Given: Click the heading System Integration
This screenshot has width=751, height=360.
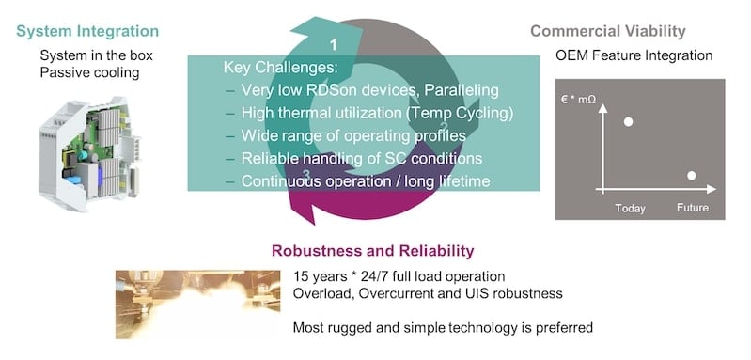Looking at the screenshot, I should coord(87,32).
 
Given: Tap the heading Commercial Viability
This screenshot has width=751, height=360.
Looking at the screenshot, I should coord(621,32).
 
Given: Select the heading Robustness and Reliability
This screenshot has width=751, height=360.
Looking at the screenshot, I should coord(372,251).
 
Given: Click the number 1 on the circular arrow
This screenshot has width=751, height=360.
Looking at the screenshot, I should coord(334,44).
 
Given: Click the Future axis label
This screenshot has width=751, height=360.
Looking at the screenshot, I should coord(692,207).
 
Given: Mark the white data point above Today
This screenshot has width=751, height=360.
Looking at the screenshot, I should coord(628,122).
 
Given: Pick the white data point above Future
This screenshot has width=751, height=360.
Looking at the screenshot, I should coord(692,176).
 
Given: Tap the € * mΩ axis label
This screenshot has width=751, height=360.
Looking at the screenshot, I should coord(576,97).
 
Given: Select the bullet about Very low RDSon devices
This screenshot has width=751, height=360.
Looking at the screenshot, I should coord(371,90).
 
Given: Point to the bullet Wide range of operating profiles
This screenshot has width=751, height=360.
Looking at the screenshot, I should coord(357,135).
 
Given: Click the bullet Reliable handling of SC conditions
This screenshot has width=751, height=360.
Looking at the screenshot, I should coord(362,158).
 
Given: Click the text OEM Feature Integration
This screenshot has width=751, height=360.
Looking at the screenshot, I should coord(634,56).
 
